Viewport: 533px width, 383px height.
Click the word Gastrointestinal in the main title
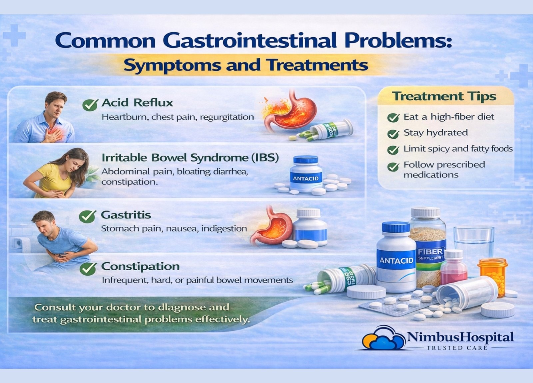250,41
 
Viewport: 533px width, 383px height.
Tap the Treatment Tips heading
444,96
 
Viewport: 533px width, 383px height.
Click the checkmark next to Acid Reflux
90,105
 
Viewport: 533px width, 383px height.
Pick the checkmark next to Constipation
88,269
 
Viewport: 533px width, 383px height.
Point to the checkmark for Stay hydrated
393,134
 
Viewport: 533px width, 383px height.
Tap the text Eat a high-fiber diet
449,117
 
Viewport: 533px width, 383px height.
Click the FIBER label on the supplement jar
430,251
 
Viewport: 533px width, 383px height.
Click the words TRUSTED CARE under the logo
457,348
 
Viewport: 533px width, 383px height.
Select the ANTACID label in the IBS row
306,179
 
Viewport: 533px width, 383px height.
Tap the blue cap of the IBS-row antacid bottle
306,160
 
